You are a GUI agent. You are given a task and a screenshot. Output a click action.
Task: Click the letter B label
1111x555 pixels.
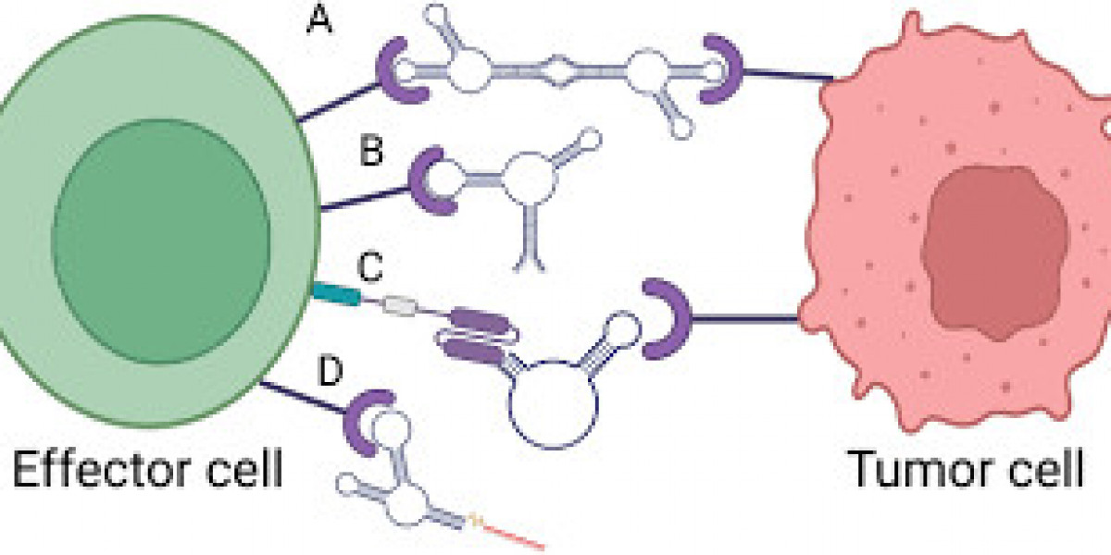tap(371, 150)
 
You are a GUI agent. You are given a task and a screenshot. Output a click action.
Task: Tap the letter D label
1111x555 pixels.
tap(330, 372)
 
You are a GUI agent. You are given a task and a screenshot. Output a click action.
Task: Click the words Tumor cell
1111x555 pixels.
tap(966, 471)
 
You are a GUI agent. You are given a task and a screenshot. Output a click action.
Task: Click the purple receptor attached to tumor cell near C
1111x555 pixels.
tap(660, 319)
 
